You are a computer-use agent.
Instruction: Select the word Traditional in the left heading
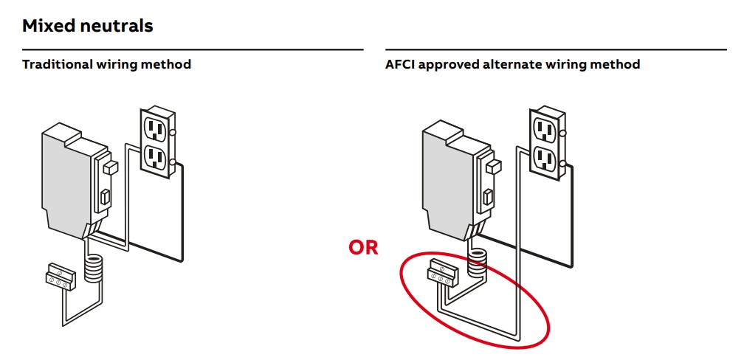tap(58, 64)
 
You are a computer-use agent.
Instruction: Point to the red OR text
tap(363, 248)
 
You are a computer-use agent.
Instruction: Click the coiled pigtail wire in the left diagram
tap(93, 269)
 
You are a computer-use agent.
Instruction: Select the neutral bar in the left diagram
tap(58, 276)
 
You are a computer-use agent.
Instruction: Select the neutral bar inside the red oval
tap(444, 275)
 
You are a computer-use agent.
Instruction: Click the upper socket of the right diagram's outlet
tap(545, 129)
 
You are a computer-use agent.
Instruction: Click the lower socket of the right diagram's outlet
tap(545, 157)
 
